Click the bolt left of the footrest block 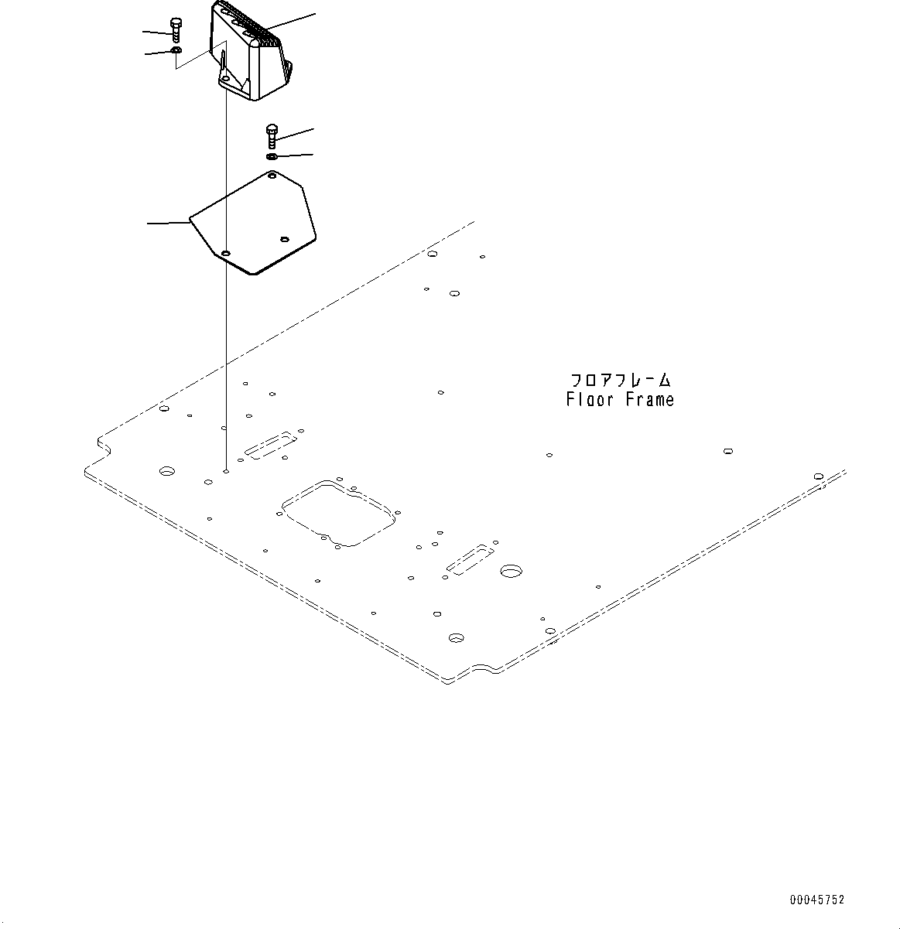(176, 30)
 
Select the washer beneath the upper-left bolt (176, 50)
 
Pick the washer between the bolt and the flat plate (272, 157)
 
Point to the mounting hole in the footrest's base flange (224, 79)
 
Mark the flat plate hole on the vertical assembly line (225, 253)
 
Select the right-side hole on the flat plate (284, 240)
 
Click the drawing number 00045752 (817, 900)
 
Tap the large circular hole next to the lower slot (511, 571)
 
